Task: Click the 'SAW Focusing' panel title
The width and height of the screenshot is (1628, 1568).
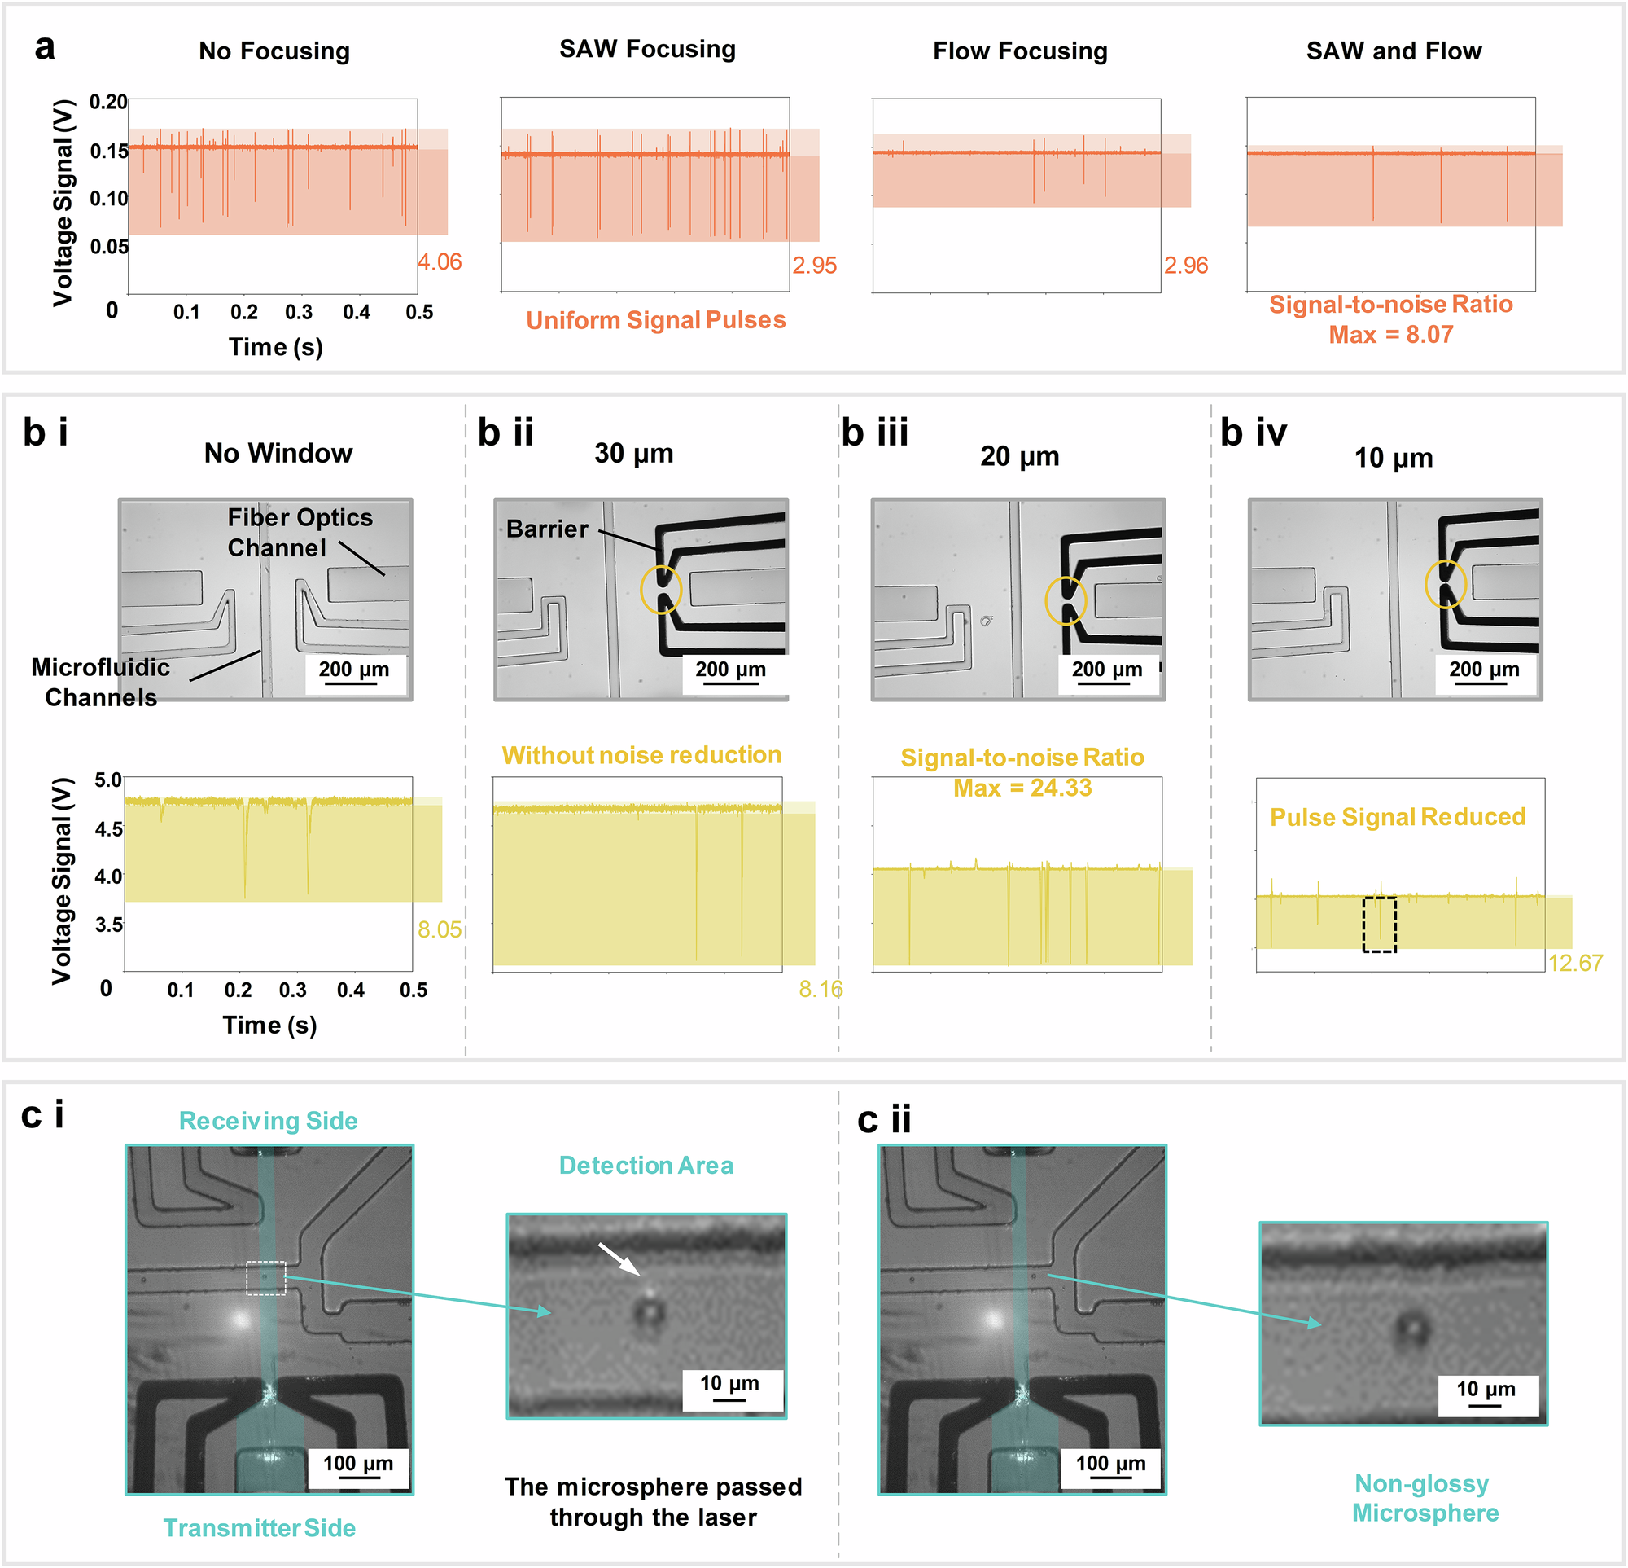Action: point(647,49)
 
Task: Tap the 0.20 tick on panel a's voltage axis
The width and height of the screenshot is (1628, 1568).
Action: point(109,102)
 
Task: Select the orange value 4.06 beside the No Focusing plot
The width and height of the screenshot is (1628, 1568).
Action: point(440,261)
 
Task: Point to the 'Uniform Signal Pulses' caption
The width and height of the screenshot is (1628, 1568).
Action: point(655,320)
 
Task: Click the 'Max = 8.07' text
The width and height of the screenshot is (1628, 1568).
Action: point(1390,334)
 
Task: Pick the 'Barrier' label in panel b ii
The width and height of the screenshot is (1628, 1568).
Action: point(547,529)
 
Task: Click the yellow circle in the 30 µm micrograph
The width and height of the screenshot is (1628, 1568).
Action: point(661,590)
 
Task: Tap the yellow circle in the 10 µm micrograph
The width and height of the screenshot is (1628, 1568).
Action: point(1446,583)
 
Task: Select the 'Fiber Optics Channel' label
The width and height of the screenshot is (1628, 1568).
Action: point(300,533)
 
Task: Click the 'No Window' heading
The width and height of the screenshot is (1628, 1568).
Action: point(278,453)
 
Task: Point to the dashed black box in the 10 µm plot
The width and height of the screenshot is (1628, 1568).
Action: point(1379,924)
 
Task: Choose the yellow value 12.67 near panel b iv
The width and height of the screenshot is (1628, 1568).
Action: point(1575,962)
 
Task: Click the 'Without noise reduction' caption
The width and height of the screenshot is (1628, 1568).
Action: point(641,754)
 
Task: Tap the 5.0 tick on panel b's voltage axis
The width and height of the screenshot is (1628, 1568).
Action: point(109,780)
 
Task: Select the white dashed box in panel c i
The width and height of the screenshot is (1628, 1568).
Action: point(266,1278)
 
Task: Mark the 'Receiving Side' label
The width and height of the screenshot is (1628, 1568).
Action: point(269,1120)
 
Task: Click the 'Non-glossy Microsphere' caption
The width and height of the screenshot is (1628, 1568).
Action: point(1425,1497)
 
